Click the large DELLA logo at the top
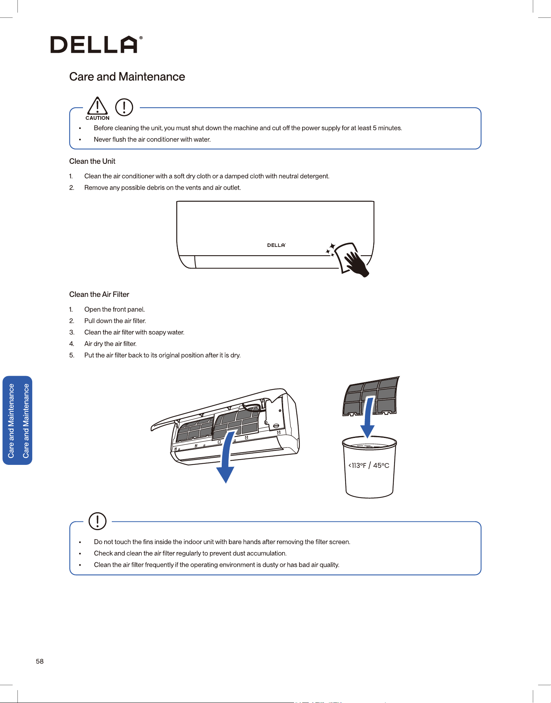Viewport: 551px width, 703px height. point(97,44)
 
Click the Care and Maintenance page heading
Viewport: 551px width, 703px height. point(127,77)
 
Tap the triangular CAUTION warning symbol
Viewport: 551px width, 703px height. point(97,106)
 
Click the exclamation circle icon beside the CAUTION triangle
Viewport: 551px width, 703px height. point(124,107)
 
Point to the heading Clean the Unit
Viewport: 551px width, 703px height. point(92,161)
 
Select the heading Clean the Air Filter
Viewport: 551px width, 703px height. point(99,294)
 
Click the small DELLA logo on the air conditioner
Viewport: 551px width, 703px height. point(276,245)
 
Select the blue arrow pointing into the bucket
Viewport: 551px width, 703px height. point(368,417)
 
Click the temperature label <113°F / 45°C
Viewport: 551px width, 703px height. point(369,465)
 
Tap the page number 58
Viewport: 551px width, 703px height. point(40,661)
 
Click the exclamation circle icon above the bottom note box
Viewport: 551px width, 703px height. point(97,521)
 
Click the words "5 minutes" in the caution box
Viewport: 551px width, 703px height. point(387,128)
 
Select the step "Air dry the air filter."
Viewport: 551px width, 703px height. point(110,344)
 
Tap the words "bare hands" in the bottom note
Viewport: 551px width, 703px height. point(259,542)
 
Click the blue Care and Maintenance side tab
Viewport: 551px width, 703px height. point(17,421)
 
